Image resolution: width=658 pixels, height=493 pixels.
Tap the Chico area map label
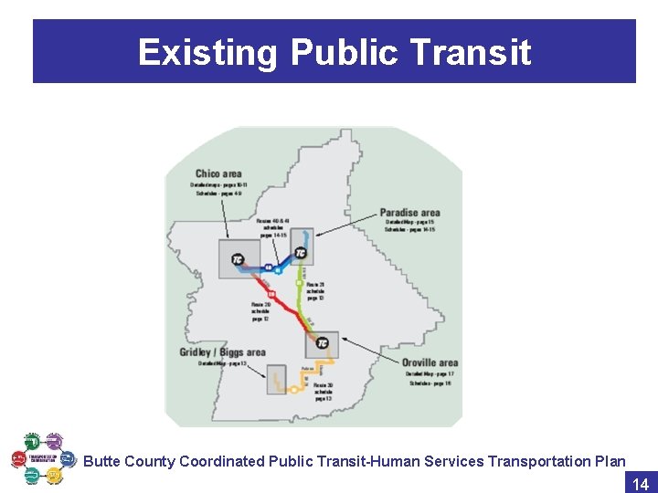tap(218, 173)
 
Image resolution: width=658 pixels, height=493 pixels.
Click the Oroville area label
tap(430, 362)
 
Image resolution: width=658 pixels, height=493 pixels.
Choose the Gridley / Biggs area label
tap(222, 352)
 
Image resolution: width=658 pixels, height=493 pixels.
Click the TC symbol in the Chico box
tap(238, 258)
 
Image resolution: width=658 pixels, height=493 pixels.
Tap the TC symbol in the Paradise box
tap(302, 252)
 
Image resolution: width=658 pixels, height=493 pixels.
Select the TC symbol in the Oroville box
tap(322, 342)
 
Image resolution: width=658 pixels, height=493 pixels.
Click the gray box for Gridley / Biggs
tap(277, 380)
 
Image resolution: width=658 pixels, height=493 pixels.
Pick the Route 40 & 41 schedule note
tap(273, 228)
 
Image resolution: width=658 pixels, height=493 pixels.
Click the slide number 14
tap(640, 484)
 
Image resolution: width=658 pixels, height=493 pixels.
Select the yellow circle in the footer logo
tap(55, 476)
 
